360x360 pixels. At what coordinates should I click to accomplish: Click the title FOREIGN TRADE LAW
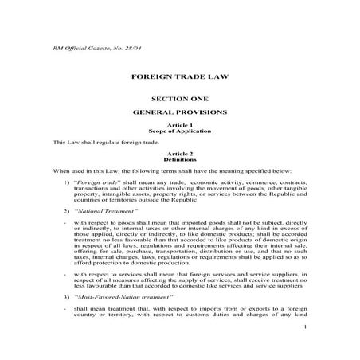coord(179,79)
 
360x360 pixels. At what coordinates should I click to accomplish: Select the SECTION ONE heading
coord(179,97)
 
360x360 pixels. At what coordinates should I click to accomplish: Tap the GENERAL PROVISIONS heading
coord(179,112)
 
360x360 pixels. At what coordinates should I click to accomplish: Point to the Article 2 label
coord(179,153)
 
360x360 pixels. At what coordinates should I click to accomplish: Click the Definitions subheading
coord(179,158)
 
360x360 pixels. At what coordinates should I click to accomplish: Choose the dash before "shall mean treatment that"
coord(64,307)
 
